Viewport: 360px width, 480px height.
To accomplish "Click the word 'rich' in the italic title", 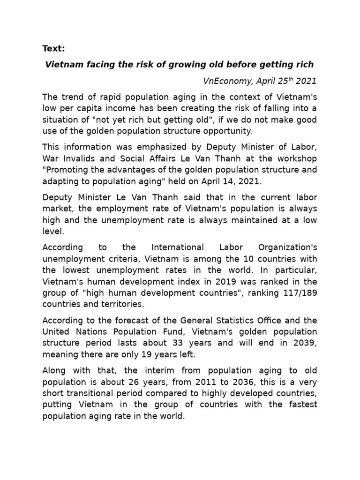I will point(304,64).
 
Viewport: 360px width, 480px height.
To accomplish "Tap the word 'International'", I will point(178,247).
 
